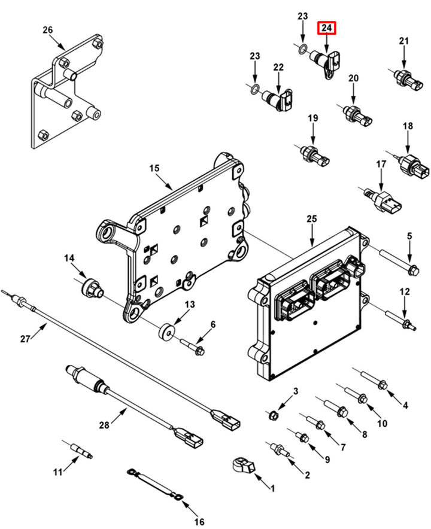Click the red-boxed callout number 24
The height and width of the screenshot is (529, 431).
tap(326, 28)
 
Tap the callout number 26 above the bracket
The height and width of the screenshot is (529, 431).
tap(47, 30)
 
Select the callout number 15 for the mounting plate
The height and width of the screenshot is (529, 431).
tap(154, 168)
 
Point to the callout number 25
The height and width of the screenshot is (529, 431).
tap(312, 219)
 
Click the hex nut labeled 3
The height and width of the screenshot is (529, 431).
tap(274, 414)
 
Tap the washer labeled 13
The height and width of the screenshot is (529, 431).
tap(167, 332)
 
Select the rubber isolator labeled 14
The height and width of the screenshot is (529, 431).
tap(91, 288)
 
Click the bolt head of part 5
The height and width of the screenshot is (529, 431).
tap(414, 270)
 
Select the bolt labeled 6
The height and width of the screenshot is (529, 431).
tap(193, 348)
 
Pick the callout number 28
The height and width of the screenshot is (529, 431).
tap(104, 425)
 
